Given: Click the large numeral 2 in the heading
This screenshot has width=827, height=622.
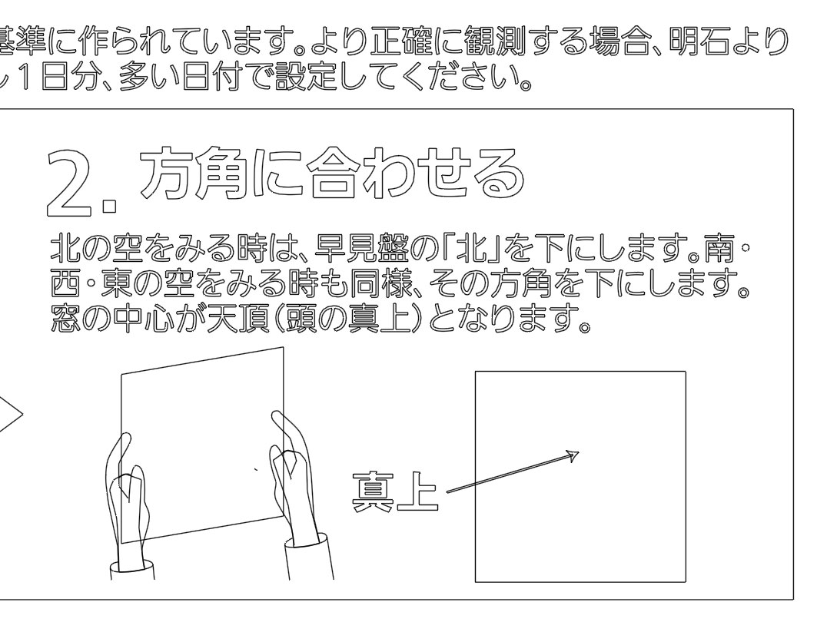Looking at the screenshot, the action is (74, 184).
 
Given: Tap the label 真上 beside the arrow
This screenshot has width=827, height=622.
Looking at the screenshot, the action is (394, 491).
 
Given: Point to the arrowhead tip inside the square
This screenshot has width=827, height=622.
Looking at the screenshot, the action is (579, 452).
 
